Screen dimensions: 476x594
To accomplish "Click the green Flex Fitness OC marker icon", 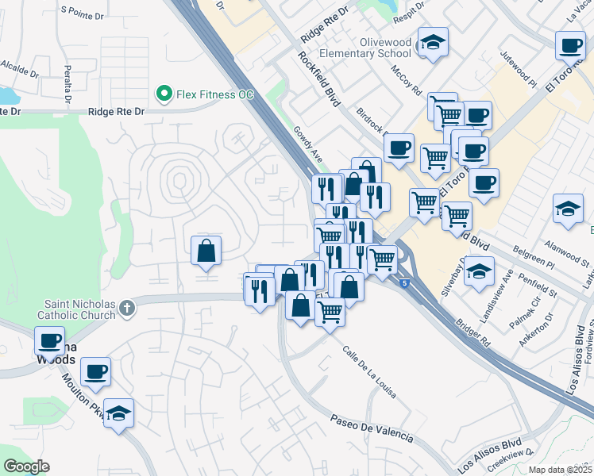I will click(x=164, y=94).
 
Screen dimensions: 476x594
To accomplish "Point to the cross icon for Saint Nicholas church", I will click(x=127, y=311).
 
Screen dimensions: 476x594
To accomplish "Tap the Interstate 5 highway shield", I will click(x=407, y=282).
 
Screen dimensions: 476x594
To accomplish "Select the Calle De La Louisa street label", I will click(x=369, y=371).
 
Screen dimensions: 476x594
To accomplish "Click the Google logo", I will click(x=26, y=466).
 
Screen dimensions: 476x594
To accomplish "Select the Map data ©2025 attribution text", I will click(x=559, y=470).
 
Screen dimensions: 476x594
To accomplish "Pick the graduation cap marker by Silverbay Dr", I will click(x=479, y=271).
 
